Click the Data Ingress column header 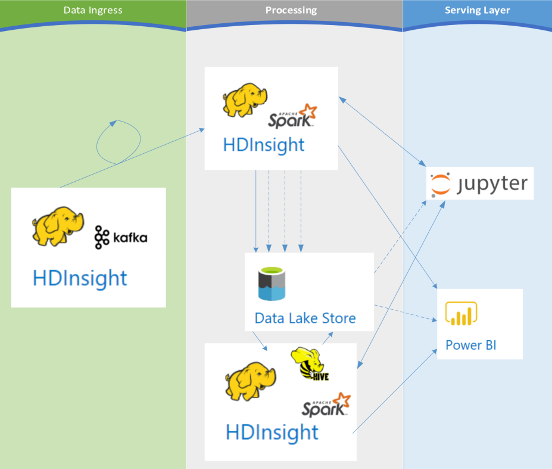[93, 10]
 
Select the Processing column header [291, 10]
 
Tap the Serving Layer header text [478, 10]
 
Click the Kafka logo [121, 237]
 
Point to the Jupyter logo [479, 184]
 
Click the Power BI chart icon [461, 313]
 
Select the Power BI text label [470, 345]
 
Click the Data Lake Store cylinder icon [272, 284]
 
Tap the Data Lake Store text [305, 318]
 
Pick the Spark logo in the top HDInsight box [292, 116]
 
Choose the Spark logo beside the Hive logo [326, 405]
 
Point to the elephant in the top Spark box [245, 100]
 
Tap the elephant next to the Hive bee [251, 381]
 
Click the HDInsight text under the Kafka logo [80, 278]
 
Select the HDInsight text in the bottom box [272, 433]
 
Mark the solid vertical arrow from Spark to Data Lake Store [256, 211]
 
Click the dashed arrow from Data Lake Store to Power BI [406, 313]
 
